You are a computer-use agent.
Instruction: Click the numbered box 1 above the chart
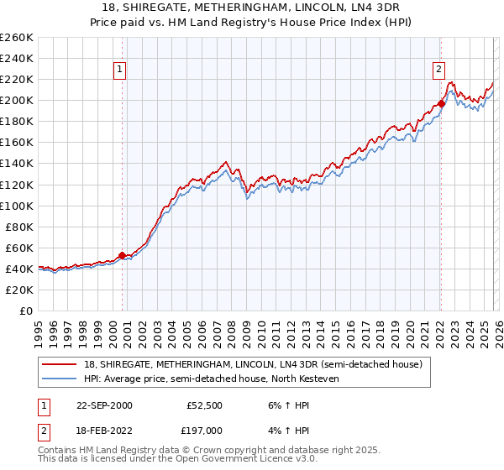coord(121,70)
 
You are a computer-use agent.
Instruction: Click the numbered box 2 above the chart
coord(439,70)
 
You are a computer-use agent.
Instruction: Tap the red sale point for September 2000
coord(122,255)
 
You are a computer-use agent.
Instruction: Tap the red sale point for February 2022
coord(441,103)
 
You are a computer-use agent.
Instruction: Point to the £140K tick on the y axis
coord(17,164)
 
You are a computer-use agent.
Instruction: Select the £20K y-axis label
coord(19,290)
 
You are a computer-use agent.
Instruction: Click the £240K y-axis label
coord(17,58)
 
